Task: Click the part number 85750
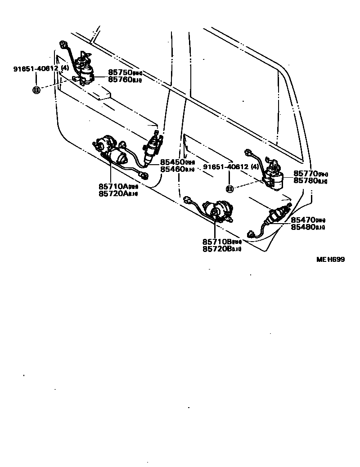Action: click(x=120, y=72)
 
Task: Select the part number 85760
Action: click(x=120, y=80)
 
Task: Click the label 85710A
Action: click(x=113, y=186)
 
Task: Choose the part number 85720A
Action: click(x=113, y=193)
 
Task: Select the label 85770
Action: click(x=306, y=174)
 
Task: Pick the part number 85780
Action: click(x=306, y=181)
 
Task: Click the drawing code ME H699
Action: click(x=330, y=259)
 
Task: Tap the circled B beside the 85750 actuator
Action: click(x=36, y=90)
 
